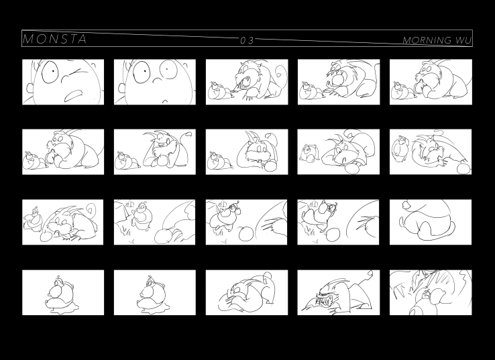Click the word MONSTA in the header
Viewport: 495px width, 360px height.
(55, 39)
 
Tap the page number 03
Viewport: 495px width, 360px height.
(248, 40)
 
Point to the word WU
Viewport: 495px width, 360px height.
(463, 40)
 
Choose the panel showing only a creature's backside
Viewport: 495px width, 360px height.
(431, 222)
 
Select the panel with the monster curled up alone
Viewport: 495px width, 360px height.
(247, 292)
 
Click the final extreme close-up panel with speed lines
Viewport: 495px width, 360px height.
(431, 292)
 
